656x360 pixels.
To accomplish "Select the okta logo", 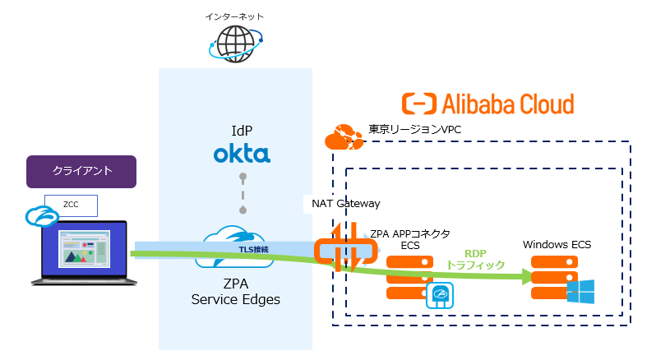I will (x=242, y=154).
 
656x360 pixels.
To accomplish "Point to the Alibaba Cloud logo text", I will (x=487, y=104).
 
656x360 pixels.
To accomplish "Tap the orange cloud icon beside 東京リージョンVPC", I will (x=344, y=137).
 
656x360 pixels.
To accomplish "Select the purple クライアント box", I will (x=81, y=172).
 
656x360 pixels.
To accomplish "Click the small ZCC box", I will (x=72, y=205).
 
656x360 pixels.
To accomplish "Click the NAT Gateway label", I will (x=346, y=202).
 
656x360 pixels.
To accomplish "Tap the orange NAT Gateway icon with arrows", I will (x=346, y=247).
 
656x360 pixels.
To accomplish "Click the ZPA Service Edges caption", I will (x=235, y=292).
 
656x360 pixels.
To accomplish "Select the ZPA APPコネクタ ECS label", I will (x=409, y=239).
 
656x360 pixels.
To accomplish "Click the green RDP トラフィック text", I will (x=475, y=260).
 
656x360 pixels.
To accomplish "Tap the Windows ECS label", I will (x=557, y=244).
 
